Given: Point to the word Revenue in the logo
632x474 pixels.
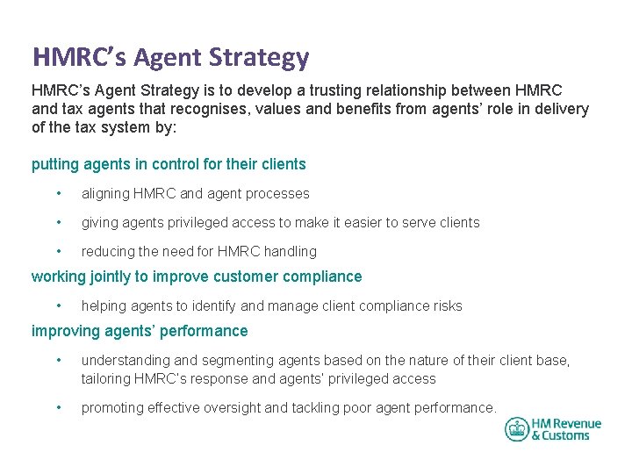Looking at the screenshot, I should coord(576,424).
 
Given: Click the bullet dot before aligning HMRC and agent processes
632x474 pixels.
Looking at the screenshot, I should coord(57,193).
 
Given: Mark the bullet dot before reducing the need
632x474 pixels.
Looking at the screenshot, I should coord(57,251).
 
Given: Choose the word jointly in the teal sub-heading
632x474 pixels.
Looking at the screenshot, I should coord(118,276).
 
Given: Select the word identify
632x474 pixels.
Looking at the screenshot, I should coord(212,305).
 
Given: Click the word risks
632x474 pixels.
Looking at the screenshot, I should coord(444,305).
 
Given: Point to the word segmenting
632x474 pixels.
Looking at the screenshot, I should coord(233,361).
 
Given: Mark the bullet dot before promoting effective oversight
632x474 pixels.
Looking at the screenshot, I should coord(57,407).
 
